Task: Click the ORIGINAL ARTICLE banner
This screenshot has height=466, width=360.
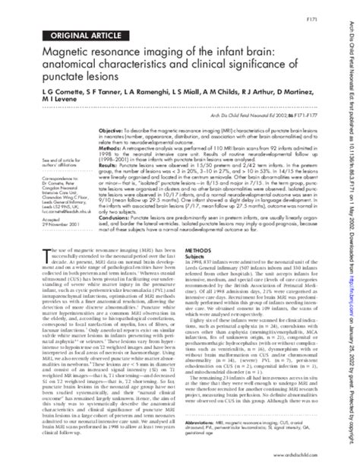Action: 73,36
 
